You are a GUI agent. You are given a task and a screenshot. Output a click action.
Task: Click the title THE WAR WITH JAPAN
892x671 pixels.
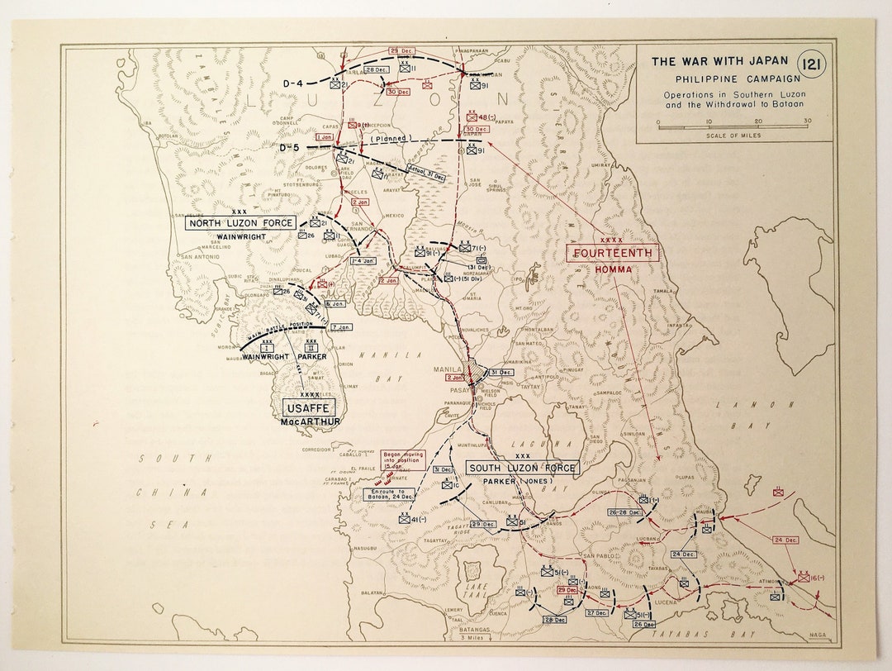click(x=719, y=61)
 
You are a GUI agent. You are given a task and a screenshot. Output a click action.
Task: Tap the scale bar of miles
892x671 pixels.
click(x=733, y=127)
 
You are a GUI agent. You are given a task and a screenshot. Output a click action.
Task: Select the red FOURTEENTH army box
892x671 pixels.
click(x=612, y=253)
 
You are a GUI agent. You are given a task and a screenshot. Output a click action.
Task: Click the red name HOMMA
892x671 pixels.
click(x=612, y=268)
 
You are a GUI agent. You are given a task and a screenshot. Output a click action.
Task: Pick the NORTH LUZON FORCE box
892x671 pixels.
click(x=240, y=223)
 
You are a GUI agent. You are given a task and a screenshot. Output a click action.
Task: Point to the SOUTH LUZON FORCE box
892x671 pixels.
click(x=522, y=468)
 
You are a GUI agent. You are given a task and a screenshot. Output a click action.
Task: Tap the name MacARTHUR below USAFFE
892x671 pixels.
click(x=310, y=421)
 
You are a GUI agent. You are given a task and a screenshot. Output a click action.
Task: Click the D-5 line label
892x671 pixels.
click(x=288, y=147)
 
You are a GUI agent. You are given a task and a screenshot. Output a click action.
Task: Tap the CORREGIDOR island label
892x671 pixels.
click(x=318, y=450)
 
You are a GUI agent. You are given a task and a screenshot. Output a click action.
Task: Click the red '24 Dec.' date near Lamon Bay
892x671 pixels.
click(x=785, y=540)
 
